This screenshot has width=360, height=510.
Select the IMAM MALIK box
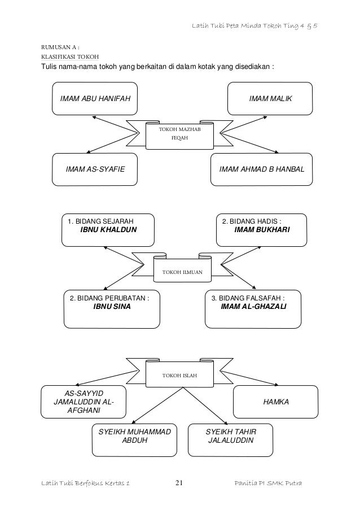click(269, 99)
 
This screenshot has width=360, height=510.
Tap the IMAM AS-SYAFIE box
click(95, 169)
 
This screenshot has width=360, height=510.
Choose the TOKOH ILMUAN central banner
click(182, 272)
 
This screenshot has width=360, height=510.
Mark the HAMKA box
click(276, 402)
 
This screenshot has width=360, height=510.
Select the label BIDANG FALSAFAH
click(247, 298)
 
